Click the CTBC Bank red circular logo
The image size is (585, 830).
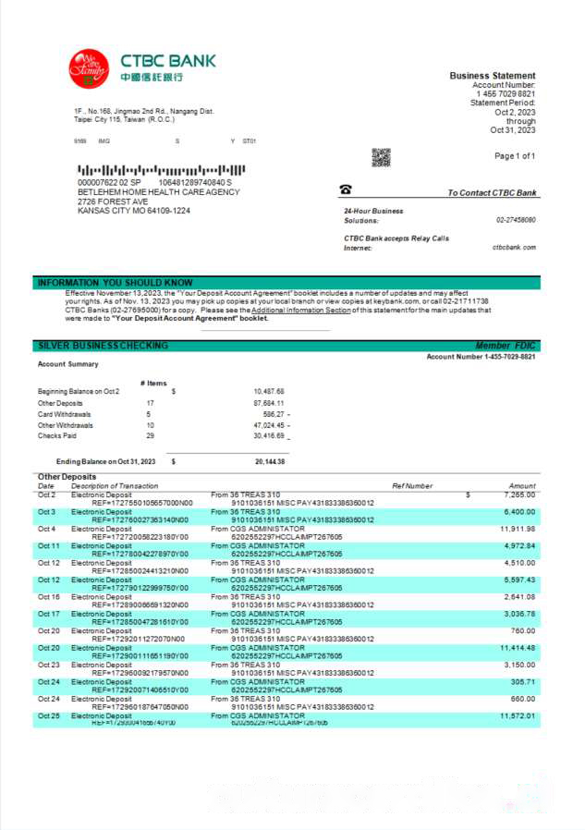pyautogui.click(x=89, y=67)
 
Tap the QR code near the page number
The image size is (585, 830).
pyautogui.click(x=381, y=157)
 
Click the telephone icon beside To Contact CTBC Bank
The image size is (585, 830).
pyautogui.click(x=346, y=190)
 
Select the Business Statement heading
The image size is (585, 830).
pyautogui.click(x=492, y=76)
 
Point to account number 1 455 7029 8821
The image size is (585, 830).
pyautogui.click(x=506, y=94)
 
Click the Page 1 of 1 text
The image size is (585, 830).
pyautogui.click(x=515, y=156)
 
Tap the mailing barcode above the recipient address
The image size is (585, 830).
pyautogui.click(x=162, y=171)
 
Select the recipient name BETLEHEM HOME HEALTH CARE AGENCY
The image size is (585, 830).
pyautogui.click(x=159, y=192)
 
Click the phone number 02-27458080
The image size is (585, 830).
pyautogui.click(x=516, y=220)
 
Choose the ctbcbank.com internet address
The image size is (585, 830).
pyautogui.click(x=514, y=248)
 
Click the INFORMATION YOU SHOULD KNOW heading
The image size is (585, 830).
pyautogui.click(x=115, y=283)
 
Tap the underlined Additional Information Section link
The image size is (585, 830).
pyautogui.click(x=300, y=311)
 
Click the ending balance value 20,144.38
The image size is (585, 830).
pyautogui.click(x=270, y=461)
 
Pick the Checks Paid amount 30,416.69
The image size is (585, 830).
pyautogui.click(x=269, y=435)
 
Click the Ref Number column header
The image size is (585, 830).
pyautogui.click(x=411, y=485)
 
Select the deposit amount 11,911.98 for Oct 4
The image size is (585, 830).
pyautogui.click(x=517, y=529)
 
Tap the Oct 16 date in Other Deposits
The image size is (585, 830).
pyautogui.click(x=48, y=597)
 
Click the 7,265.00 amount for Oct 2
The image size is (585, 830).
pyautogui.click(x=519, y=494)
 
